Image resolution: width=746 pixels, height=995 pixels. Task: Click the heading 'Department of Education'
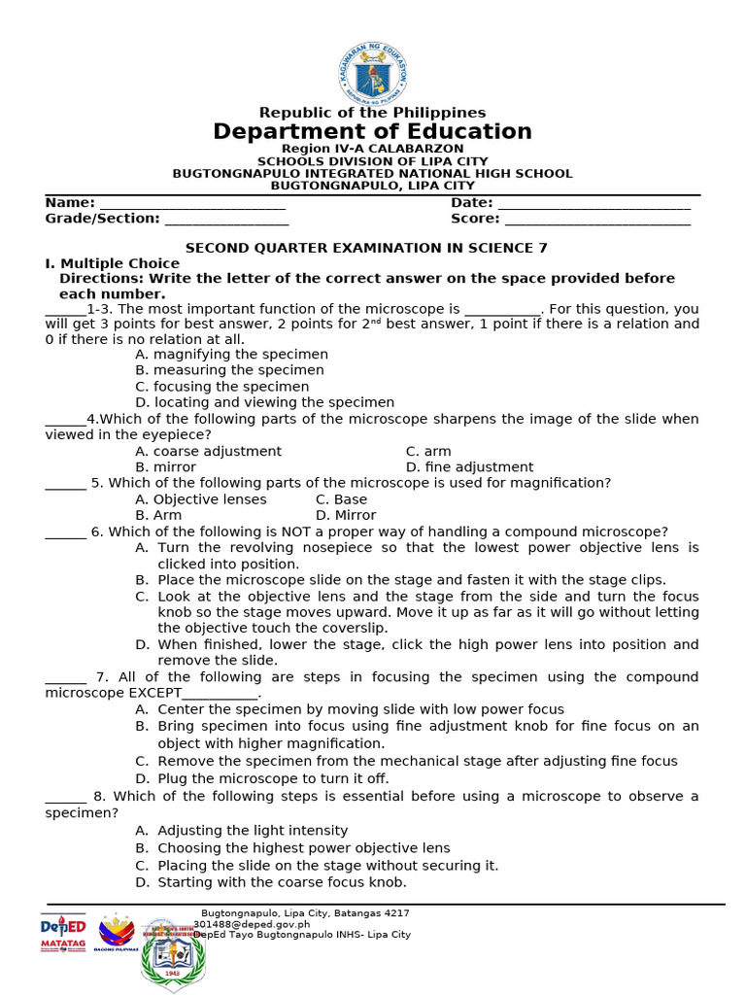pyautogui.click(x=373, y=131)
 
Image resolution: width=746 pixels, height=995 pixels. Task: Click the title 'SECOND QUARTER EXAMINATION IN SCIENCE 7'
pyautogui.click(x=367, y=248)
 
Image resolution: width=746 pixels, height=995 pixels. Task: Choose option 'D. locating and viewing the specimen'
pyautogui.click(x=264, y=402)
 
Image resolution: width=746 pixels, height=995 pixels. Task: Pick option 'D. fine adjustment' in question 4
pyautogui.click(x=469, y=467)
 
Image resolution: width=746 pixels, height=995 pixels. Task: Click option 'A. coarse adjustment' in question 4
pyautogui.click(x=208, y=451)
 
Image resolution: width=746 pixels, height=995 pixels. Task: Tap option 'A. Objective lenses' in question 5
pyautogui.click(x=200, y=499)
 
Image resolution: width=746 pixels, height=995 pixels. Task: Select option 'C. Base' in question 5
pyautogui.click(x=341, y=499)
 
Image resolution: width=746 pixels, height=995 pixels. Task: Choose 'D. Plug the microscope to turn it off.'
pyautogui.click(x=261, y=778)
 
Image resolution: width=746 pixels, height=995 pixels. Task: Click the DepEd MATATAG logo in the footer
pyautogui.click(x=63, y=933)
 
